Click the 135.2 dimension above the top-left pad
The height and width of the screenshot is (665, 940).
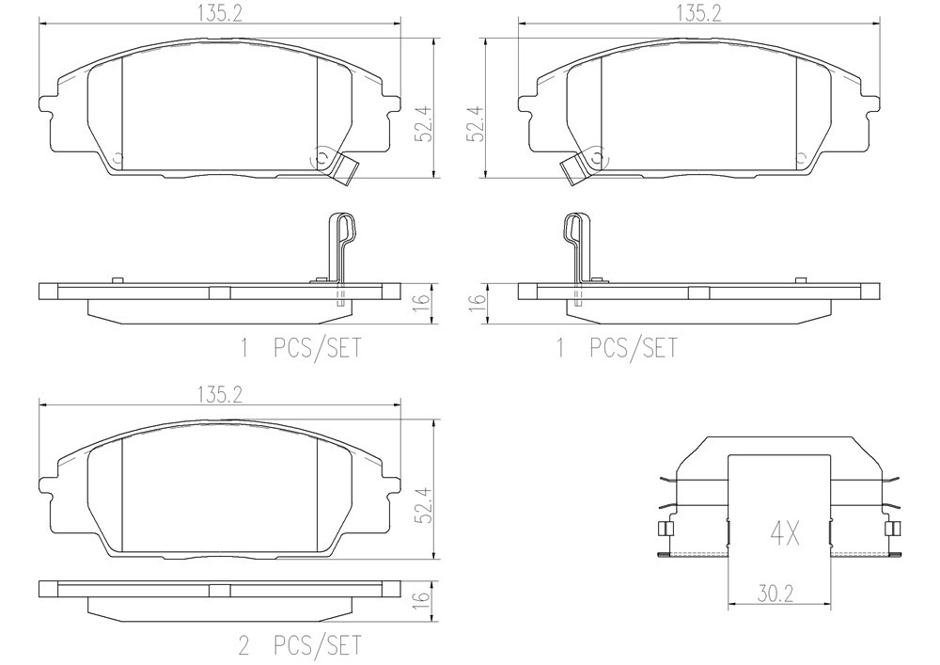[220, 14]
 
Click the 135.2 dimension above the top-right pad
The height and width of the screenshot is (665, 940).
[699, 14]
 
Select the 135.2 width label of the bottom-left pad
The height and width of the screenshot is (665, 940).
[220, 394]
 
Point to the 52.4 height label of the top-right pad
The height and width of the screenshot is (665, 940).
[477, 125]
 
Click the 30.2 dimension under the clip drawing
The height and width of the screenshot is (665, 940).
[775, 594]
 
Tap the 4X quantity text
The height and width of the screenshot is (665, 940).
[785, 533]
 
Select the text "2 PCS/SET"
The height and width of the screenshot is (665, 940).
[301, 646]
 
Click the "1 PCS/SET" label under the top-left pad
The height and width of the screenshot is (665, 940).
[301, 348]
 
